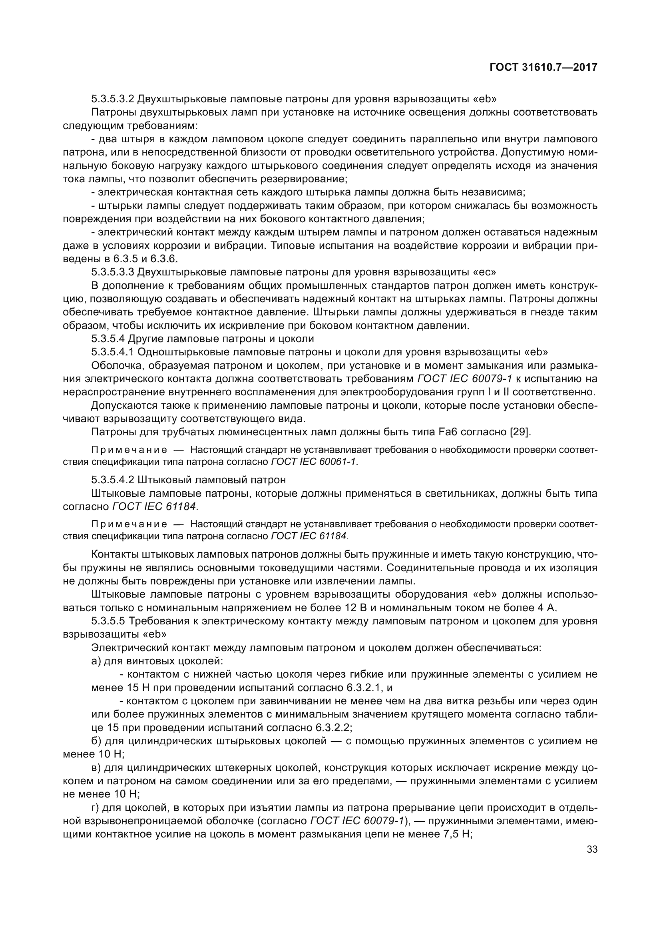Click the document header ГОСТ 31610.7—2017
544,68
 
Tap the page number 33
592,849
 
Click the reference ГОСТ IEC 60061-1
314,462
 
